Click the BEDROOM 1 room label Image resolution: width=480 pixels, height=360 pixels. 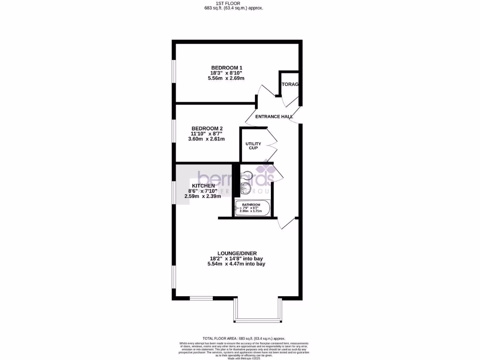tap(226, 68)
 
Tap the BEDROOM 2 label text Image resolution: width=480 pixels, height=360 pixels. tap(207, 128)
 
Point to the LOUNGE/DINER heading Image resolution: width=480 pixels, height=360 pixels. tap(236, 253)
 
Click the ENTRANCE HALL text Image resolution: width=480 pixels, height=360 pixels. tap(274, 117)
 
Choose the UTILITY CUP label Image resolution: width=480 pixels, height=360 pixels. tap(253, 146)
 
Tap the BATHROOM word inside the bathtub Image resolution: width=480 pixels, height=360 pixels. tap(251, 205)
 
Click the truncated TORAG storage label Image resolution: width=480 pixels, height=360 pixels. tap(290, 85)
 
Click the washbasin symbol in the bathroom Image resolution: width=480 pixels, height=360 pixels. tap(245, 189)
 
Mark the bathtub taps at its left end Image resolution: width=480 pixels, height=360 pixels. tap(238, 208)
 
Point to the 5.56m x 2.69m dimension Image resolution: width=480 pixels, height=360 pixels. tap(226, 79)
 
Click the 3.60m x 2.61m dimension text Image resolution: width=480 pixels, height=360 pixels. tap(207, 139)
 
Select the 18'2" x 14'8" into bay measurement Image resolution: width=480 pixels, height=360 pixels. tap(236, 259)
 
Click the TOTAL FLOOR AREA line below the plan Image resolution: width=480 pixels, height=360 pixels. tap(243, 338)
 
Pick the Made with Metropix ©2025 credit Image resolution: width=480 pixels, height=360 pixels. tap(243, 358)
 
